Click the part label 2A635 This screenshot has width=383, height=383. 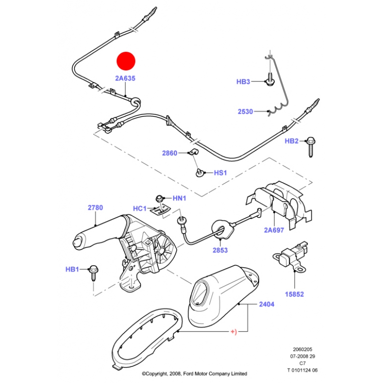[125, 78]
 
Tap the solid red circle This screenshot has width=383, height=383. [126, 61]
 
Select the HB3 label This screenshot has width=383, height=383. [243, 81]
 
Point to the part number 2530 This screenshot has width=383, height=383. [245, 112]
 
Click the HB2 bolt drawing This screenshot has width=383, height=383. [310, 146]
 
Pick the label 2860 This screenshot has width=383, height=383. [169, 153]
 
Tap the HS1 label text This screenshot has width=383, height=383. [220, 173]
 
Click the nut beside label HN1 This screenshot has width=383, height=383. [159, 198]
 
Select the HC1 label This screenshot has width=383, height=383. [139, 209]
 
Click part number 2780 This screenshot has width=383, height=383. [95, 208]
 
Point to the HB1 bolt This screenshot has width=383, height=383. [93, 273]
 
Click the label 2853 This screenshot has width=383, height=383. [220, 250]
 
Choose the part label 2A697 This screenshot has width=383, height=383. [274, 230]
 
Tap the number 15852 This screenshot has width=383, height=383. [294, 294]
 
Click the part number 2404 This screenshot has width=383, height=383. [267, 304]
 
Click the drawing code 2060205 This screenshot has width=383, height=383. [303, 349]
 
